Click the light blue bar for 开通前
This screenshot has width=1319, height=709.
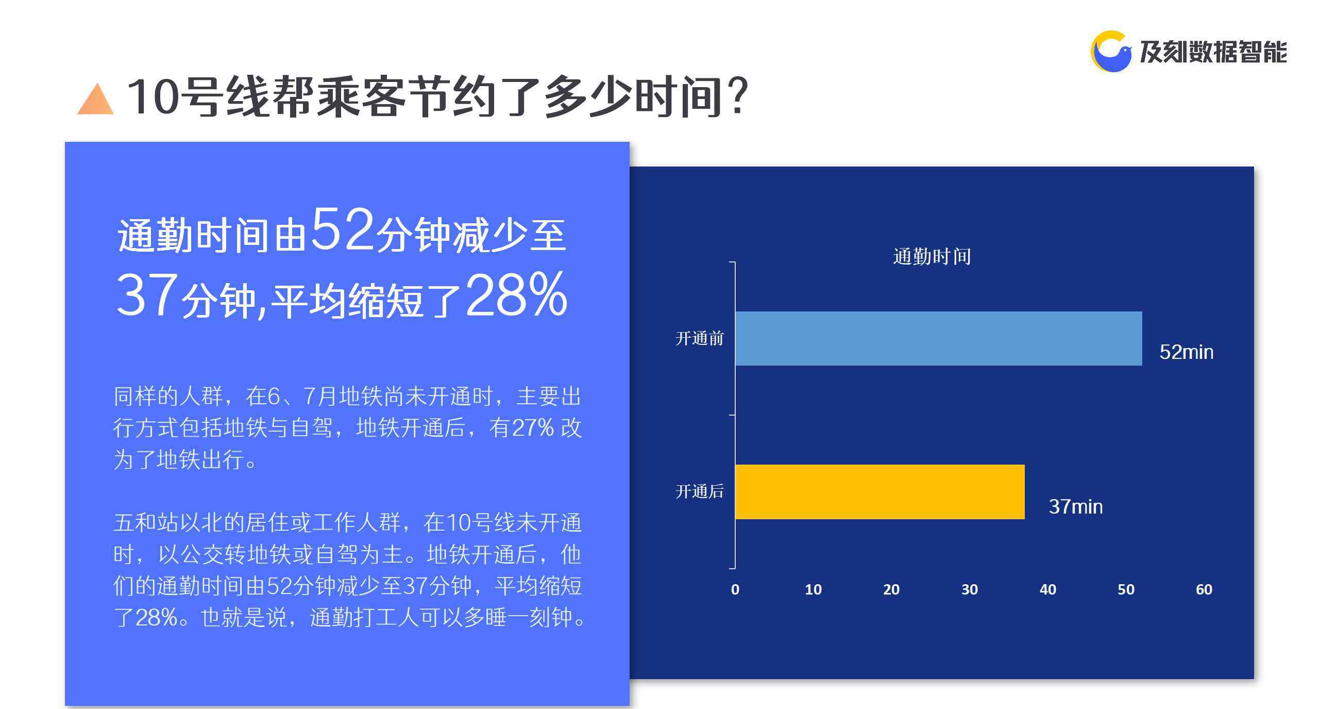938,338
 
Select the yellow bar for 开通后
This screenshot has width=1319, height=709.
880,491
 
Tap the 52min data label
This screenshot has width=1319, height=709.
1186,352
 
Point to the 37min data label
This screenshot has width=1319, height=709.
1075,507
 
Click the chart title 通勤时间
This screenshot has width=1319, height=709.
932,256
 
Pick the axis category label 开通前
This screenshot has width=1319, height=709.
699,338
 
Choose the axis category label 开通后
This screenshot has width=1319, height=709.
699,491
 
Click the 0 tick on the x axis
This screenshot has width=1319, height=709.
735,589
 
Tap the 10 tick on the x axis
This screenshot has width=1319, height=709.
813,589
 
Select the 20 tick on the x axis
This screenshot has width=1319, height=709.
891,589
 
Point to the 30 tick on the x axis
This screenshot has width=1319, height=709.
970,589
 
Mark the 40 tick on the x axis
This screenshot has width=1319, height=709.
1048,589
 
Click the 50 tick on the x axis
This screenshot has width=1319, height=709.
1126,589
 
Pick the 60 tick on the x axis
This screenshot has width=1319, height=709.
1204,589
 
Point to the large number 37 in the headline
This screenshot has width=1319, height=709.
147,295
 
